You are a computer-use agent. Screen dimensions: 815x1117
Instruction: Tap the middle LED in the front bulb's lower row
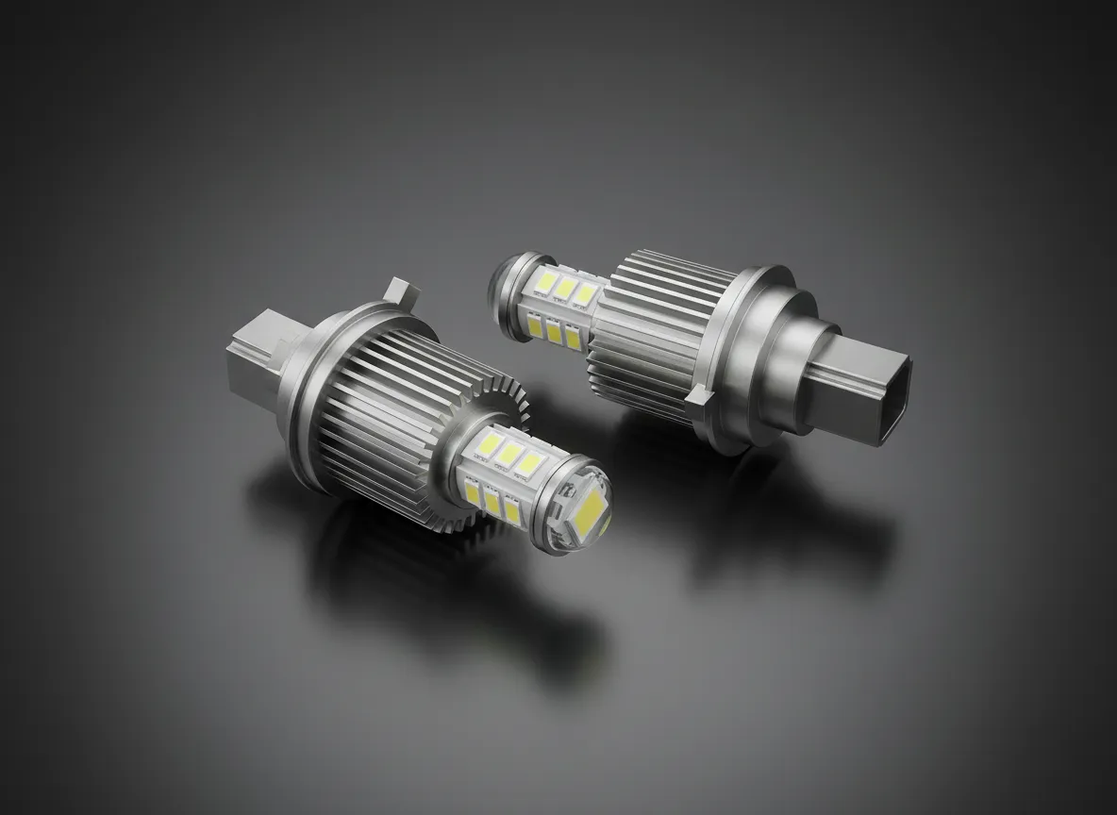click(x=492, y=503)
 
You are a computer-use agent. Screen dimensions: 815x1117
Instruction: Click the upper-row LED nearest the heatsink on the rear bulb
click(x=587, y=293)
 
